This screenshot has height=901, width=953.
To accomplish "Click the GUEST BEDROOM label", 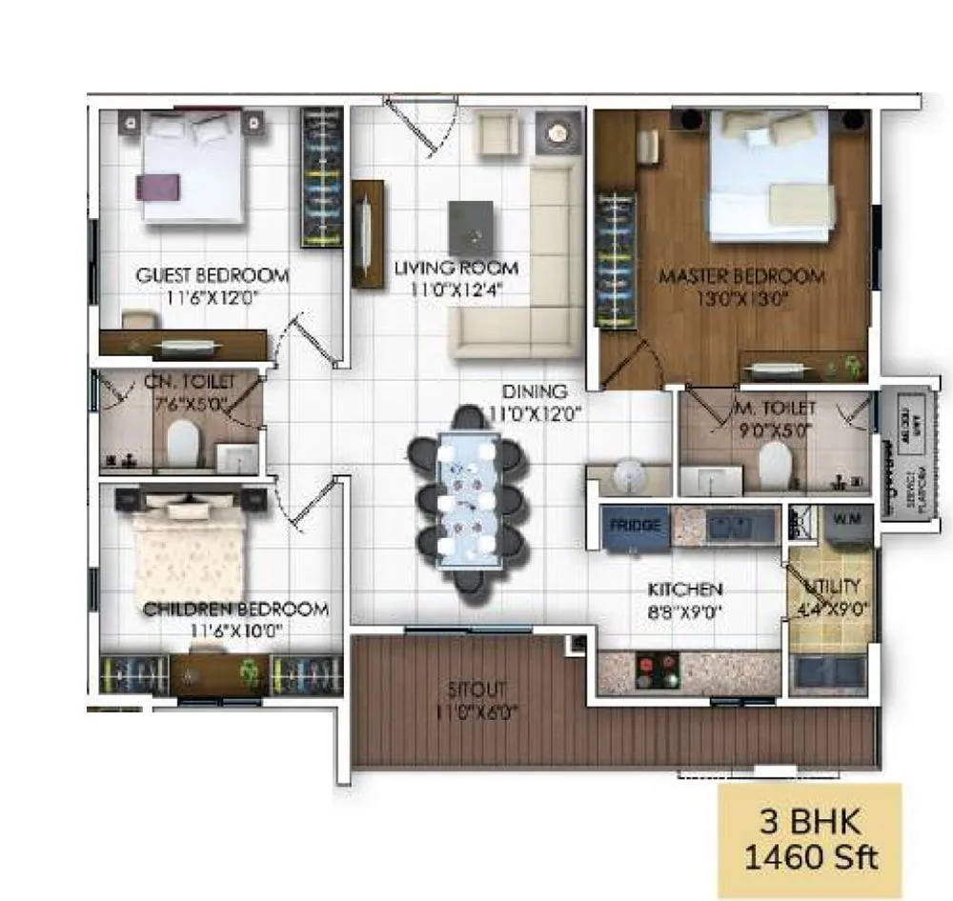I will [212, 275].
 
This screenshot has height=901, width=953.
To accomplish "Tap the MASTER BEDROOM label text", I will [741, 276].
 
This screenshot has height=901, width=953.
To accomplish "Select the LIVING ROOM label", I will [456, 268].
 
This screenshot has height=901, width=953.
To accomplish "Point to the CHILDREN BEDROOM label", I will [235, 609].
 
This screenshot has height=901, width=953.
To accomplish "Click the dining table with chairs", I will [467, 500].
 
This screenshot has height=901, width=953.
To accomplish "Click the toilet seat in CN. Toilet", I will [181, 444].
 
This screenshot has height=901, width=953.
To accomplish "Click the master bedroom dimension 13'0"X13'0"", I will [741, 297].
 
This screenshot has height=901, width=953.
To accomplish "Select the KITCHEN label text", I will [685, 590].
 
